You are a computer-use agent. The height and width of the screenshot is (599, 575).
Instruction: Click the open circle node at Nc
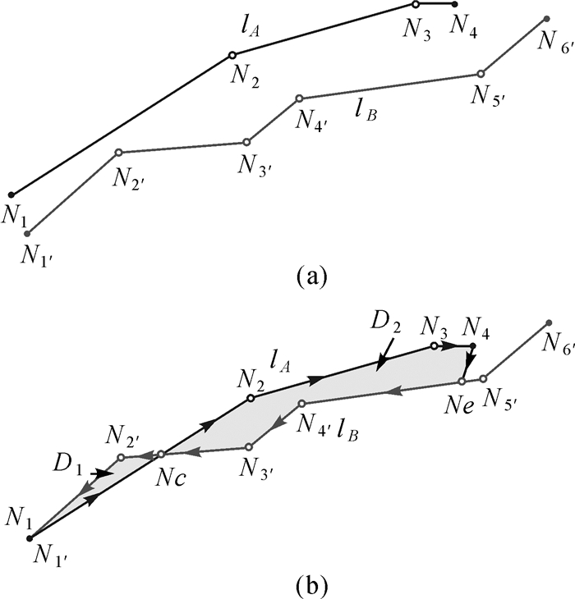[161, 453]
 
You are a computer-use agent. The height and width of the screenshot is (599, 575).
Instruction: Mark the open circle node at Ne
[462, 381]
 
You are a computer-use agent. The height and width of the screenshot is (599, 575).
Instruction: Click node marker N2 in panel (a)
[232, 55]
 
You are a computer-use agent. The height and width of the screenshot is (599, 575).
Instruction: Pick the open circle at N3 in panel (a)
[416, 5]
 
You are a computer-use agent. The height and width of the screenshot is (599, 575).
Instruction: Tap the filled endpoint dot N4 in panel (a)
[454, 5]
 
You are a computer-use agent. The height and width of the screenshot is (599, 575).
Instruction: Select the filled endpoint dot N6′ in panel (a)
[546, 18]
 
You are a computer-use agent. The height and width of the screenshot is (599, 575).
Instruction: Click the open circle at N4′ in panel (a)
[299, 98]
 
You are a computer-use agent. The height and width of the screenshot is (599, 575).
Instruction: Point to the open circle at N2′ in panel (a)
[118, 152]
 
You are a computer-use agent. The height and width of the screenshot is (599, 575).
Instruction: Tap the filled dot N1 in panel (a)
[11, 194]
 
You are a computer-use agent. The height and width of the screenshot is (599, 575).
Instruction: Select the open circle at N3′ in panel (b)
[248, 447]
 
